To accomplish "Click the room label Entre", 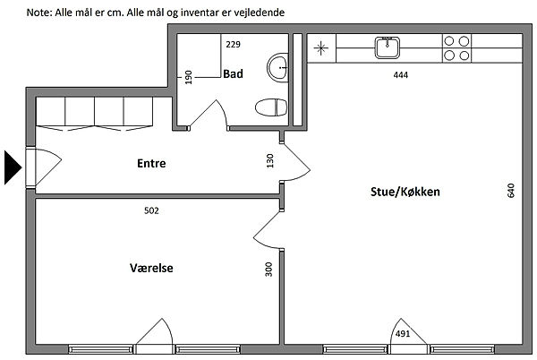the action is click(151, 163).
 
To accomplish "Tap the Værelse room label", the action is click(151, 268).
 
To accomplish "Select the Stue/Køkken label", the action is click(405, 192).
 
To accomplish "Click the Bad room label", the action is click(233, 73).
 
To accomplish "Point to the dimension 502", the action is click(151, 210).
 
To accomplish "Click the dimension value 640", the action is click(510, 191).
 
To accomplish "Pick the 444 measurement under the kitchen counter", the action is click(401, 75).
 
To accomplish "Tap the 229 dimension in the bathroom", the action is click(234, 44).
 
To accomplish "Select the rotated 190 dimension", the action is click(188, 77).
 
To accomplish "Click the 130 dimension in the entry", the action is click(270, 160).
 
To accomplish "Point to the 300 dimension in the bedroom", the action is click(268, 270).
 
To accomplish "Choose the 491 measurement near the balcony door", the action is click(403, 333).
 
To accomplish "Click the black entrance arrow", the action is click(13, 167).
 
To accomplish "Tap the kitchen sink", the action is click(388, 47).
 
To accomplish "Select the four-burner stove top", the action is click(456, 48).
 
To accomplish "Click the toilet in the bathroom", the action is click(271, 107).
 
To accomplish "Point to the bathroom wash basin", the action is click(277, 67).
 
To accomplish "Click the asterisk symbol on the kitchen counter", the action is click(321, 48).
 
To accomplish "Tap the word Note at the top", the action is click(39, 13).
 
